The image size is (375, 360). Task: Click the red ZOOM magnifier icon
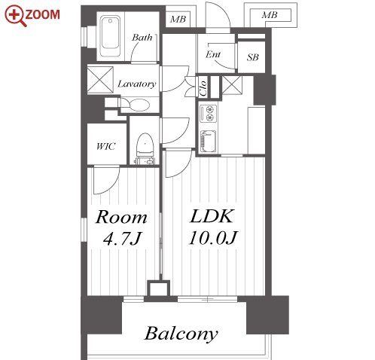click(16, 16)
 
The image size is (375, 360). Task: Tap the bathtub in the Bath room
click(110, 36)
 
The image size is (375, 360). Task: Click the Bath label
click(142, 38)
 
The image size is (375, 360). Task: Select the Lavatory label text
click(137, 84)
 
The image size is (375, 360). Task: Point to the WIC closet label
click(106, 146)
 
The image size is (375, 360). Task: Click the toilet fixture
click(145, 148)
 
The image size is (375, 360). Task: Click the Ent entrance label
click(213, 54)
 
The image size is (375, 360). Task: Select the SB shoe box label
click(252, 57)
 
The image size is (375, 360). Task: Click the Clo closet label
click(203, 88)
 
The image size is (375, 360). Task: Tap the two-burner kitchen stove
click(208, 114)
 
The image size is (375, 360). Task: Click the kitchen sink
click(208, 142)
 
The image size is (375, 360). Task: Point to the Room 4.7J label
click(121, 227)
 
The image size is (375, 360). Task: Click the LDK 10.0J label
click(213, 227)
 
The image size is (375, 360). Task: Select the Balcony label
click(181, 334)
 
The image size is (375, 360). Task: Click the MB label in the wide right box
click(270, 15)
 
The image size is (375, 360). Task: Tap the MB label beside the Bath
click(178, 20)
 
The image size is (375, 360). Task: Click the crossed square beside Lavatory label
click(100, 80)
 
